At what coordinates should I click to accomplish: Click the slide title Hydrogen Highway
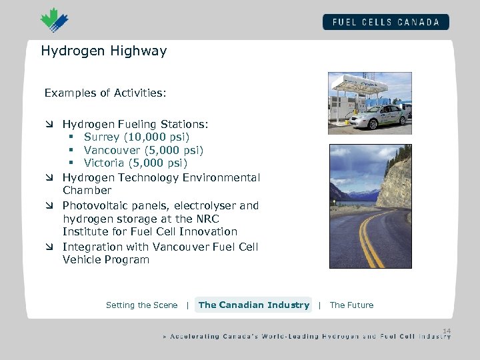pyautogui.click(x=104, y=51)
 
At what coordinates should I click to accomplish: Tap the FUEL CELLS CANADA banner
pyautogui.click(x=386, y=22)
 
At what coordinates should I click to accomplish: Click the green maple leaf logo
pyautogui.click(x=54, y=20)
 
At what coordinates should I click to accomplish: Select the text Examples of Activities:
pyautogui.click(x=105, y=93)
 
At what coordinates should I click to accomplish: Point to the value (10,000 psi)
pyautogui.click(x=154, y=137)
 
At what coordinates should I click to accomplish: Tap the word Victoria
pyautogui.click(x=104, y=163)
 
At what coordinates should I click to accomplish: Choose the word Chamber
pyautogui.click(x=87, y=191)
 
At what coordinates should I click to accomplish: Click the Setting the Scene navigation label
pyautogui.click(x=141, y=305)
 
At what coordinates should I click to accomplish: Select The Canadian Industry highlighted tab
pyautogui.click(x=253, y=305)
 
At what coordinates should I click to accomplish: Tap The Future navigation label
pyautogui.click(x=351, y=305)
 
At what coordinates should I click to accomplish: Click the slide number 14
pyautogui.click(x=446, y=331)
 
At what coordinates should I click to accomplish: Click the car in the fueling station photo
pyautogui.click(x=377, y=117)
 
